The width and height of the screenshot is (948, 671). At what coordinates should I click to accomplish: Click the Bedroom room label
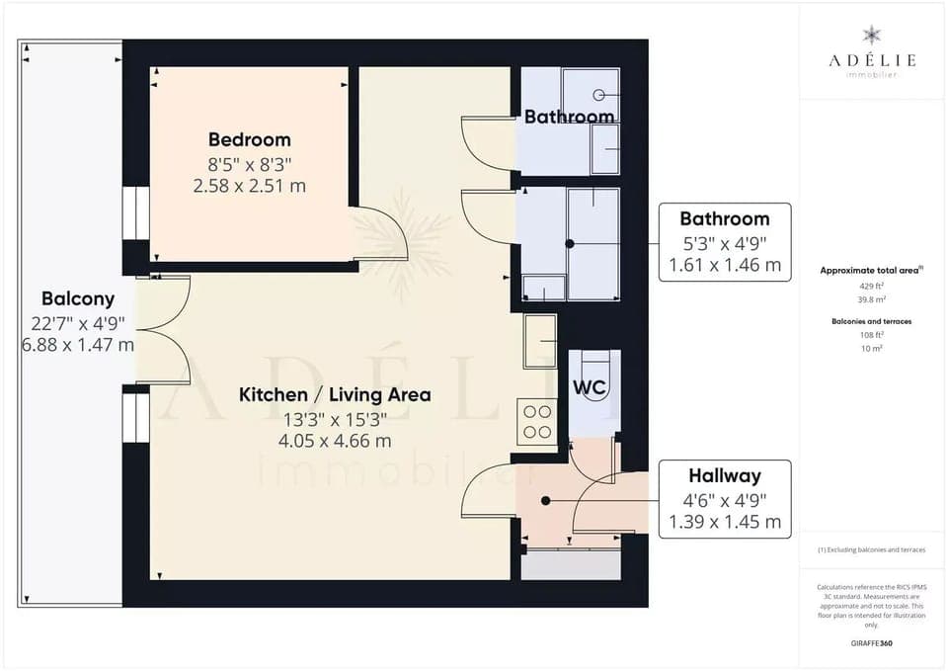click(249, 140)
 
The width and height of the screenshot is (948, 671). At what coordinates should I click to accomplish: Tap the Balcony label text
click(78, 298)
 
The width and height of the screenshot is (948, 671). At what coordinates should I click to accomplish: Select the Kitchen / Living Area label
click(335, 394)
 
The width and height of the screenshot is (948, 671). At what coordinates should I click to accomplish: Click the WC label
click(590, 387)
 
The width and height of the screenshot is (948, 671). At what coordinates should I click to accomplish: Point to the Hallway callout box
click(725, 498)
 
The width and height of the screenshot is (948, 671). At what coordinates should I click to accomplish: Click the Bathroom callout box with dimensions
click(725, 242)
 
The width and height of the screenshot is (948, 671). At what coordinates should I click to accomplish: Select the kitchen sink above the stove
click(541, 341)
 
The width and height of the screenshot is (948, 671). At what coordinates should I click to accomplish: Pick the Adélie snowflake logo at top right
click(872, 37)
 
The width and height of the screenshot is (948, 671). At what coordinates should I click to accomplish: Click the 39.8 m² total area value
click(872, 299)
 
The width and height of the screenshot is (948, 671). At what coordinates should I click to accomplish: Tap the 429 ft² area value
click(872, 285)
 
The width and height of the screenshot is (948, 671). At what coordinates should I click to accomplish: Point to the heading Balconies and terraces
click(872, 321)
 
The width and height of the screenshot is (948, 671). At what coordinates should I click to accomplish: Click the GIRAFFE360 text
click(872, 643)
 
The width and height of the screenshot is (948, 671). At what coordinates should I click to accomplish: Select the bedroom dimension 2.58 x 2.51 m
click(249, 185)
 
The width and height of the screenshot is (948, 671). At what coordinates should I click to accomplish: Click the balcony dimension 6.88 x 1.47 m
click(78, 345)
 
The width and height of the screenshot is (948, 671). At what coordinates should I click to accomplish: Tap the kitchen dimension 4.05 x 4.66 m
click(335, 441)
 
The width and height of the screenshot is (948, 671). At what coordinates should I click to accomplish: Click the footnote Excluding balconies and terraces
click(872, 549)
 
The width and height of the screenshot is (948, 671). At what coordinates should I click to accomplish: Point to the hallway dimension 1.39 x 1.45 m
click(725, 522)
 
